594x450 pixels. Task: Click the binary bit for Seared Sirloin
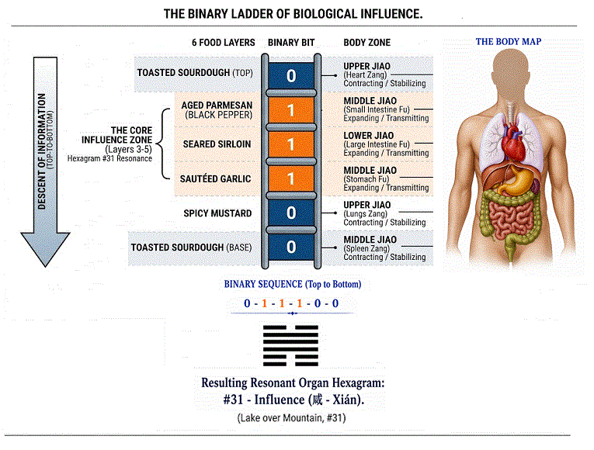pyautogui.click(x=291, y=144)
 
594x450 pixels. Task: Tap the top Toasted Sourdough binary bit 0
pyautogui.click(x=291, y=75)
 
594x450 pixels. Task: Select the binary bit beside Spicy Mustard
pyautogui.click(x=291, y=213)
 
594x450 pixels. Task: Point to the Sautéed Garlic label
pyautogui.click(x=217, y=178)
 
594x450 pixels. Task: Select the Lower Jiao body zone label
pyautogui.click(x=369, y=135)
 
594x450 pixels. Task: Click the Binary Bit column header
pyautogui.click(x=291, y=42)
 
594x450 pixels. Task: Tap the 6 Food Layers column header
pyautogui.click(x=224, y=42)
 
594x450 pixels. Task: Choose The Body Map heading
pyautogui.click(x=509, y=41)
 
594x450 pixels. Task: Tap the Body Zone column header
pyautogui.click(x=366, y=42)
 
